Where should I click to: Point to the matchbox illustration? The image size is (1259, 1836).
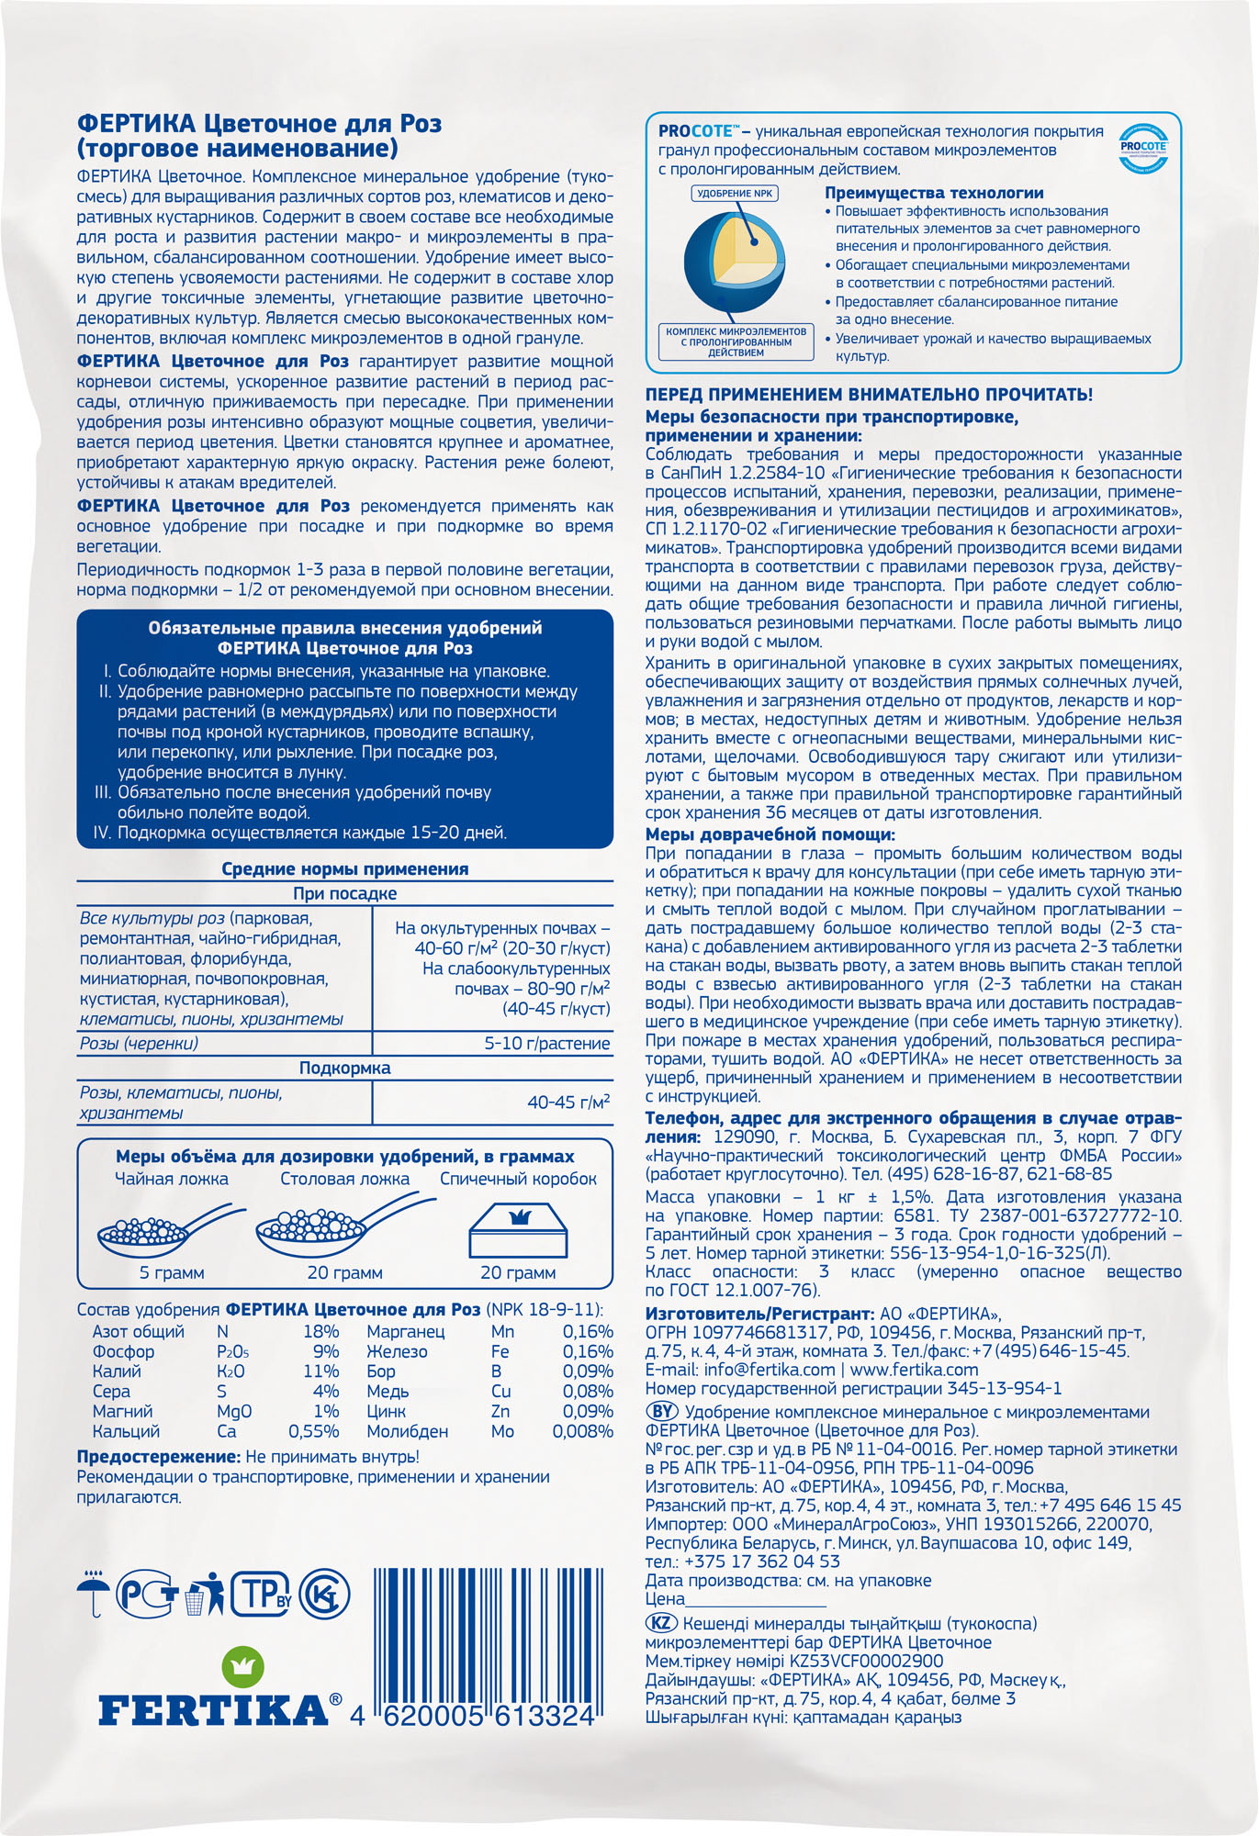tap(518, 1232)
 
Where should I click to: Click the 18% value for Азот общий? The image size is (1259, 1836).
tap(320, 1331)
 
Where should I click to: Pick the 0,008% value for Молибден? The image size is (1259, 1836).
tap(582, 1431)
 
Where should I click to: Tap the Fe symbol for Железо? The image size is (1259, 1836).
tap(500, 1351)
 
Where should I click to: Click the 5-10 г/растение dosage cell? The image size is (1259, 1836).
tap(547, 1043)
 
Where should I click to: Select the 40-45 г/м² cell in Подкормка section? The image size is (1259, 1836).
tap(568, 1102)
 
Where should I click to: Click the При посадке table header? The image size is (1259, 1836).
tap(344, 893)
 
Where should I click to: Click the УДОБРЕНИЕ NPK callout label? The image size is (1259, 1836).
tap(735, 194)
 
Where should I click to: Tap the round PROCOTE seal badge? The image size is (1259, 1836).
tap(1143, 147)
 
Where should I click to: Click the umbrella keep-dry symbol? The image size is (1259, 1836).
tap(93, 1595)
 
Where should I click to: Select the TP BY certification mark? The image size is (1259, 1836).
tap(260, 1594)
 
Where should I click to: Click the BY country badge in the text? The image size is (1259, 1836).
tap(662, 1411)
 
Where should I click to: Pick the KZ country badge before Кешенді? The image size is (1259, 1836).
tap(661, 1622)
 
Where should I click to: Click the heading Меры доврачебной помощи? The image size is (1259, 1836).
tap(769, 834)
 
